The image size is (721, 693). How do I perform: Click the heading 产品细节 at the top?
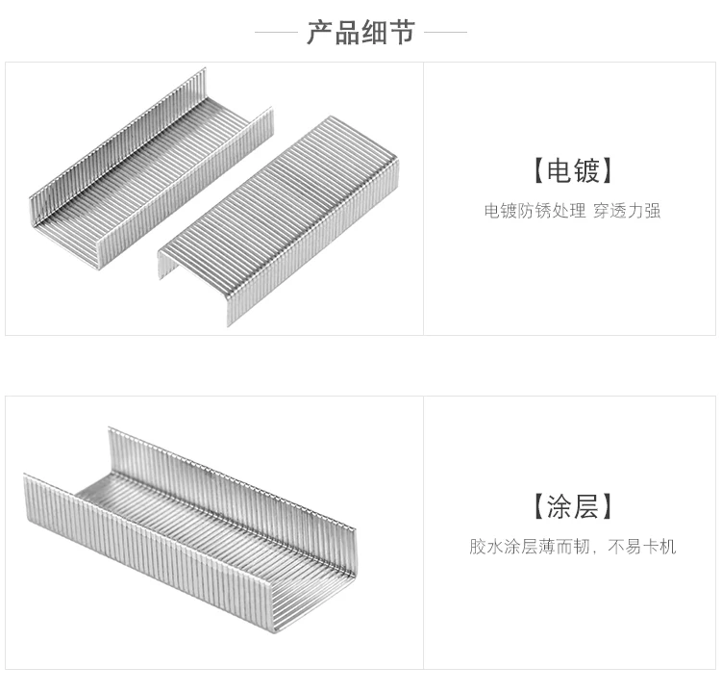click(360, 32)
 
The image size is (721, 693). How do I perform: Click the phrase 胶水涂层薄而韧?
click(529, 547)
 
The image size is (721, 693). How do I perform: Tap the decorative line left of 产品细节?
click(276, 33)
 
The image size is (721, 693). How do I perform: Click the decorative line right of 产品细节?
click(445, 33)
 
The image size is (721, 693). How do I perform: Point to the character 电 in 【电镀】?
click(558, 171)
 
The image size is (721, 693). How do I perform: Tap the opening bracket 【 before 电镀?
click(536, 171)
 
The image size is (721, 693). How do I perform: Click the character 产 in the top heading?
click(320, 32)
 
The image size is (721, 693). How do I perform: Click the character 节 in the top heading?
click(402, 32)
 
